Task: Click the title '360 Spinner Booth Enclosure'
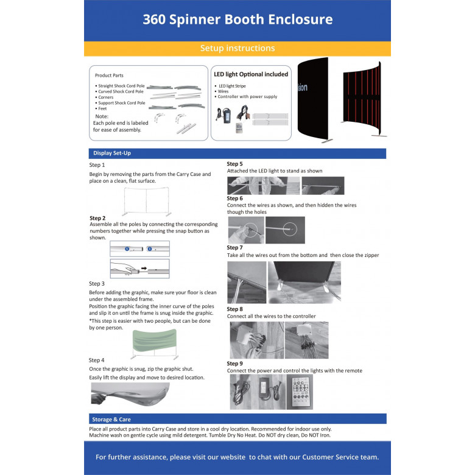coord(237,19)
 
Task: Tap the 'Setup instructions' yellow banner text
coord(237,48)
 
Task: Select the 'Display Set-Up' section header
coord(111,153)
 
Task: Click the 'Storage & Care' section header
coord(111,419)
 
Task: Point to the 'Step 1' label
coord(97,165)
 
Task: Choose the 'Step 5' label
coord(234,164)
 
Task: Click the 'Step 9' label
coord(234,364)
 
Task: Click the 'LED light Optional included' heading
coord(251,74)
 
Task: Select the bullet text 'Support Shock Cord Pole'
coord(121,103)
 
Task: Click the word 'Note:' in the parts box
coord(102,116)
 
